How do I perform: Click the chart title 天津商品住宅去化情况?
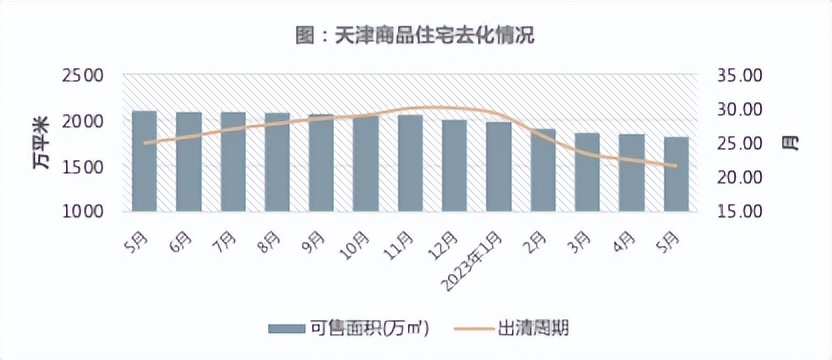click(x=415, y=35)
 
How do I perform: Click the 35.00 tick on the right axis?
click(x=741, y=76)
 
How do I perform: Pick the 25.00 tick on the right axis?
click(x=741, y=143)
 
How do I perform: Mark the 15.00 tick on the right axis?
click(x=741, y=211)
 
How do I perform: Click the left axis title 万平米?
click(x=41, y=143)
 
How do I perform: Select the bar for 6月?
click(x=189, y=161)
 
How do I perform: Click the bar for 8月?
click(x=277, y=162)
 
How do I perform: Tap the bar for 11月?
click(x=410, y=163)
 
